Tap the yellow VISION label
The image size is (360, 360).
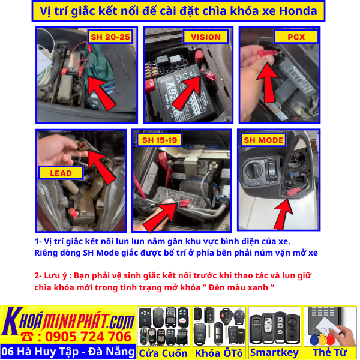click(x=206, y=37)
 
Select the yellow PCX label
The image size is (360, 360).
click(x=296, y=37)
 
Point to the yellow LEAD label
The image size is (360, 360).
click(x=61, y=173)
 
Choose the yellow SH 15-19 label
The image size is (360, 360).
click(x=159, y=140)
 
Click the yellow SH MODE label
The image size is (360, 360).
click(x=263, y=140)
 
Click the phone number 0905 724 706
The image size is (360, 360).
click(x=75, y=336)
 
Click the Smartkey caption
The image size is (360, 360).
click(x=274, y=353)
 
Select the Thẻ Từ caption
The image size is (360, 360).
click(x=329, y=353)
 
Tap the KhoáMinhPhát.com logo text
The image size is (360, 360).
click(x=68, y=317)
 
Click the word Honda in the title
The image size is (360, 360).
click(x=292, y=10)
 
